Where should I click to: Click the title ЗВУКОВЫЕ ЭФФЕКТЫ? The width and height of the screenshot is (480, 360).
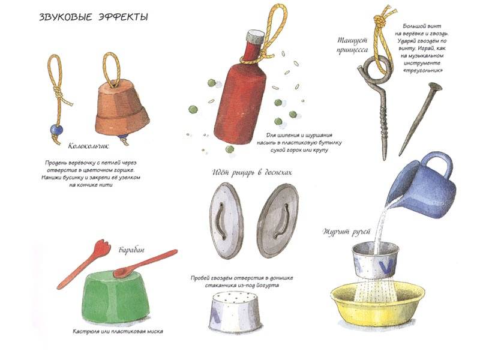point(94,17)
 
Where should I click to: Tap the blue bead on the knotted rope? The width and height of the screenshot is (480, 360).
point(56,130)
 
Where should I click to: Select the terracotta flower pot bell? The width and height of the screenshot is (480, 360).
point(122,107)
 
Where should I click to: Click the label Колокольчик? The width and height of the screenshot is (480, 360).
point(88,146)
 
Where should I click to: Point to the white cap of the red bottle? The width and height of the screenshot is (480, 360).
point(256,37)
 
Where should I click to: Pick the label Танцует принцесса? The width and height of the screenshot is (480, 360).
point(352,45)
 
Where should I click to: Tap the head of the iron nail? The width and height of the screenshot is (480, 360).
point(435,86)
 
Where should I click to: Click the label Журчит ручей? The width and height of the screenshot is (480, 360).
point(347,232)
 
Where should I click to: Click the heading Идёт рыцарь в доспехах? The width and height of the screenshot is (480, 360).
point(252,173)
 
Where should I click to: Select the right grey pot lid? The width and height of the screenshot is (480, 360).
point(277,220)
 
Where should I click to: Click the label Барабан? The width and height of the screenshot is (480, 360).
point(131,250)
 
